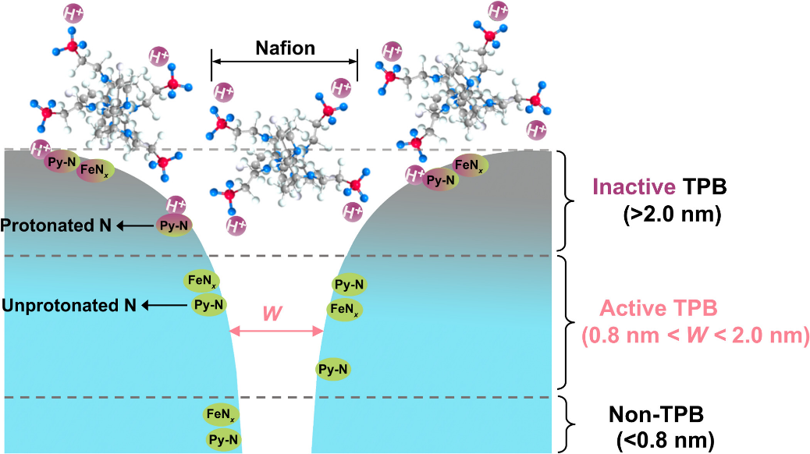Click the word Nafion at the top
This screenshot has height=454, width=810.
click(x=285, y=48)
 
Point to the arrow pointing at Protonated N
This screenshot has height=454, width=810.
click(x=135, y=225)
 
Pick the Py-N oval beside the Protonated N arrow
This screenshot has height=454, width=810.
click(x=173, y=225)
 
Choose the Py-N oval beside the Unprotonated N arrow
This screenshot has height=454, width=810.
click(x=209, y=304)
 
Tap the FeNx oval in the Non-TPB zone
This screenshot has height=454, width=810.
click(x=221, y=414)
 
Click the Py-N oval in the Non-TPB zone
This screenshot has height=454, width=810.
click(x=223, y=440)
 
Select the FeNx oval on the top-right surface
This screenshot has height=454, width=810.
click(x=469, y=165)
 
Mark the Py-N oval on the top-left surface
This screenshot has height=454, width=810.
click(x=62, y=162)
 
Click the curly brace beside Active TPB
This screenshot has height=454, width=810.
click(x=570, y=321)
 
